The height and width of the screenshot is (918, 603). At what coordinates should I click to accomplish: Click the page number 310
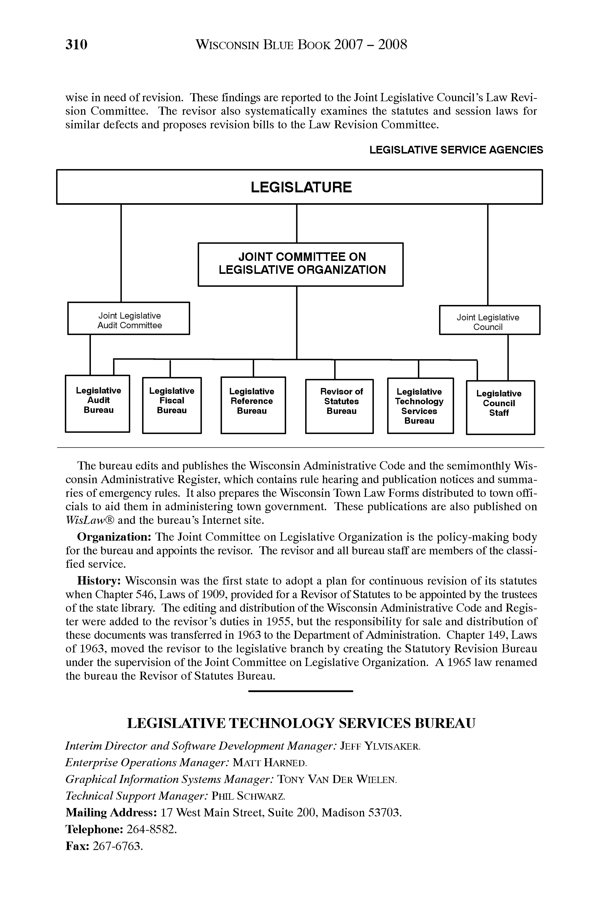pos(76,45)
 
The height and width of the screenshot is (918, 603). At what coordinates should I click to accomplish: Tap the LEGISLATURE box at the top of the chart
pos(300,187)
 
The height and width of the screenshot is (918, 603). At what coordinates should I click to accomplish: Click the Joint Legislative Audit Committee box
pos(129,318)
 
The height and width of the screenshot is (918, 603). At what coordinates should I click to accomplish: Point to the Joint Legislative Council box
pos(489,320)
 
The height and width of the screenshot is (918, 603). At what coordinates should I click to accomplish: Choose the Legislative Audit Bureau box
pos(98,403)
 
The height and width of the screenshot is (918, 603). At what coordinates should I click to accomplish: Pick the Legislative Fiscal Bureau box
pos(172,405)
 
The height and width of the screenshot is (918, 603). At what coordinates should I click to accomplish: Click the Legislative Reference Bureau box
pos(253,405)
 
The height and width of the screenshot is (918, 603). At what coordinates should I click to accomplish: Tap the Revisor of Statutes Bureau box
pos(339,406)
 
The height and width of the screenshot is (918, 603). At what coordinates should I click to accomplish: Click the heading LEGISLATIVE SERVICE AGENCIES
pos(456,150)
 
